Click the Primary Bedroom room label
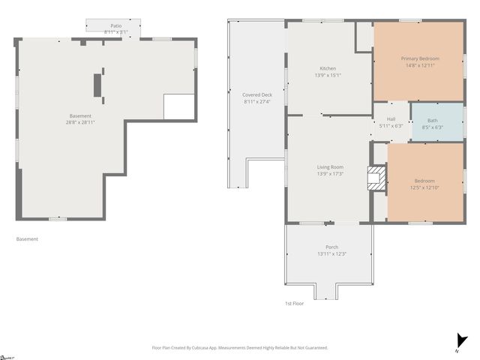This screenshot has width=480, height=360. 419,58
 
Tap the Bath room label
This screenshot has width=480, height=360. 433,120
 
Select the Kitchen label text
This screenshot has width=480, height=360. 328,68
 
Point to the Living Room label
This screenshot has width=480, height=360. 330,166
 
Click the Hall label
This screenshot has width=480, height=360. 391,118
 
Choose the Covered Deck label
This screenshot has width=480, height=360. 256,94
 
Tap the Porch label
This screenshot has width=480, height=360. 331,247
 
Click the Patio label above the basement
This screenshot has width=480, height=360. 115,25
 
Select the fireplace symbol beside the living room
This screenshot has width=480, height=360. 374,178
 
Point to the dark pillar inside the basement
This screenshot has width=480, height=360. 97,85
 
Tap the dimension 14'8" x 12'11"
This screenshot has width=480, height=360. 419,67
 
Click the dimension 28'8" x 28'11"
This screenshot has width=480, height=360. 80,122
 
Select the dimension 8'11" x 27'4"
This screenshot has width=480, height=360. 256,101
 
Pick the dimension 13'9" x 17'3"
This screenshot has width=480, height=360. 330,174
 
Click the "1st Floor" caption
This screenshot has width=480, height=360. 294,303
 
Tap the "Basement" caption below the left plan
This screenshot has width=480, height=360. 27,239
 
